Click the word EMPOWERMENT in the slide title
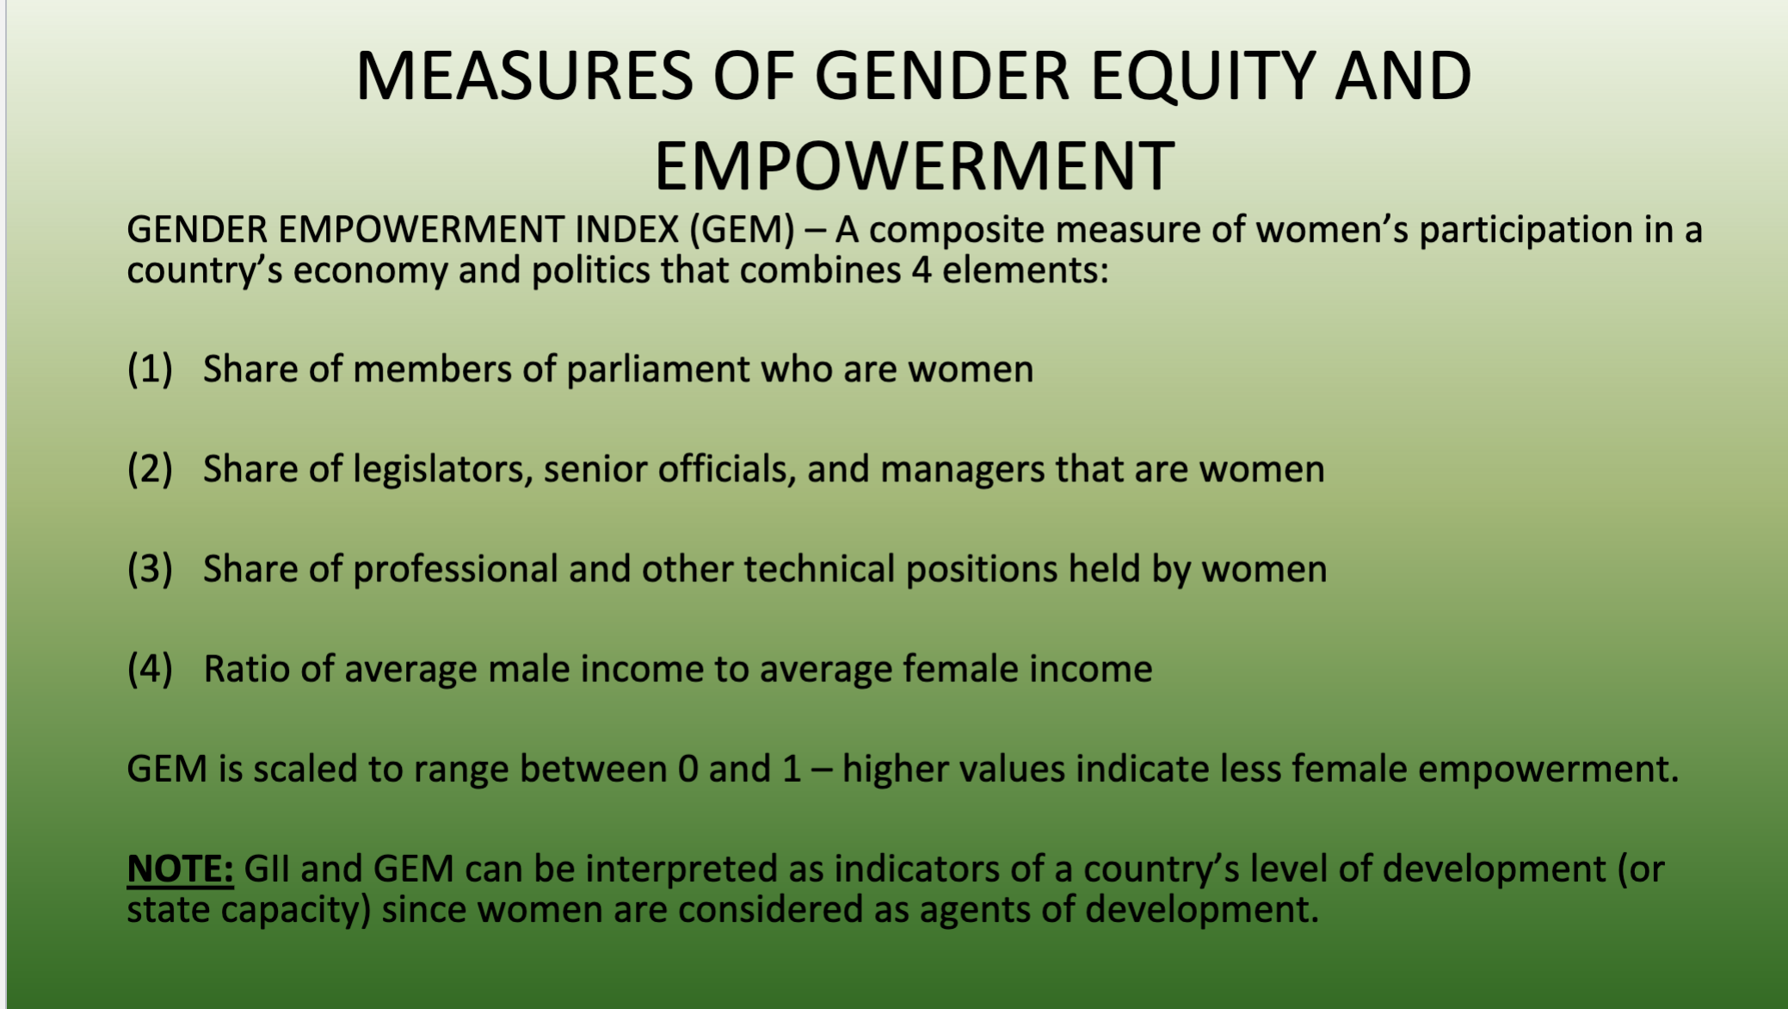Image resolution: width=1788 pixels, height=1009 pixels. pyautogui.click(x=914, y=166)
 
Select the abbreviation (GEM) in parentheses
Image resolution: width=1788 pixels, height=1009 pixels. pyautogui.click(x=742, y=230)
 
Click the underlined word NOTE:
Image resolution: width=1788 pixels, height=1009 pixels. pyautogui.click(x=180, y=869)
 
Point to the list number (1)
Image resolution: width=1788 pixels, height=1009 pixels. pyautogui.click(x=150, y=369)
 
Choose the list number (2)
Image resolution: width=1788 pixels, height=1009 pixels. pyautogui.click(x=150, y=469)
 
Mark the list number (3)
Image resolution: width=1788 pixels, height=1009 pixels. pyautogui.click(x=150, y=569)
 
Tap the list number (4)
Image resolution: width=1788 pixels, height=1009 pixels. pyautogui.click(x=150, y=669)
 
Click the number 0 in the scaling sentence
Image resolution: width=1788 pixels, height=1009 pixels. pyautogui.click(x=687, y=769)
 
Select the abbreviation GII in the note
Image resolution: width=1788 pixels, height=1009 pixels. pyautogui.click(x=267, y=869)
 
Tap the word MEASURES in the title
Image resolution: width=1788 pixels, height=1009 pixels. pyautogui.click(x=524, y=77)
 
